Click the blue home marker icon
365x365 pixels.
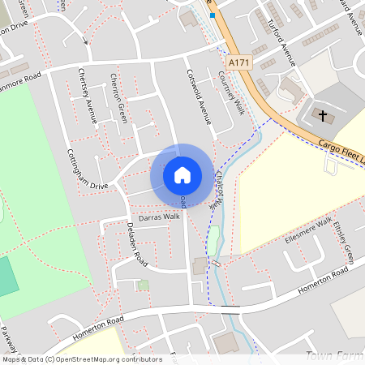tap(182, 174)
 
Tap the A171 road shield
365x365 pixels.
tap(238, 62)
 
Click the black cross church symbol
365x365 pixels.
tap(323, 116)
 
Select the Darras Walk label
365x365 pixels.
tap(159, 217)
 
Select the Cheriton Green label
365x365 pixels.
tap(118, 98)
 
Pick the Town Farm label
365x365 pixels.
tap(333, 355)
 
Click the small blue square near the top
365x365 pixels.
tap(213, 15)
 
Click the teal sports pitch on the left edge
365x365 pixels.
tap(6, 277)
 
